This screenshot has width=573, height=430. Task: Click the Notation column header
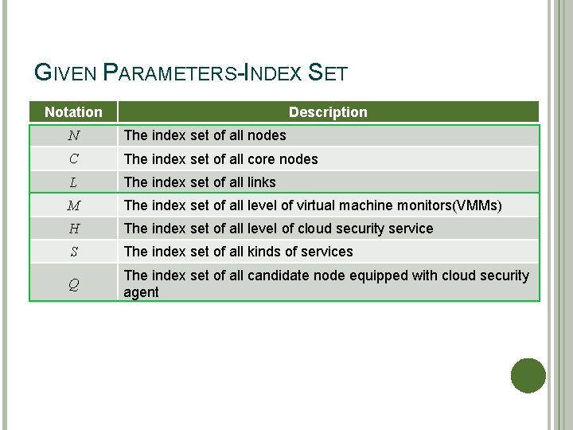pos(73,112)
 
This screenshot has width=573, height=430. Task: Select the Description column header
pos(328,112)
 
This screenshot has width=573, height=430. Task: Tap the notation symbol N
pos(73,135)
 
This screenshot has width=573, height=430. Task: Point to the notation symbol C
pos(73,158)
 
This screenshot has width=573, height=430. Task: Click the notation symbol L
pos(73,182)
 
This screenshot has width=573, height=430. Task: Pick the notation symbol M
pos(73,205)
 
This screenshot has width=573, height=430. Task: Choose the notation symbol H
pos(73,229)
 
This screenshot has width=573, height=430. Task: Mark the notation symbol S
pos(73,252)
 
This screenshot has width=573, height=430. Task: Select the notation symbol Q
pos(73,283)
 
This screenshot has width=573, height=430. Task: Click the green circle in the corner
pos(528,375)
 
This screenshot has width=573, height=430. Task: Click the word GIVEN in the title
pos(67,74)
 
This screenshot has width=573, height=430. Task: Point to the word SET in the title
pos(327,74)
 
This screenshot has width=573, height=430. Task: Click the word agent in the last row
pos(141,293)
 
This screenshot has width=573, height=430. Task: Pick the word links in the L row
pos(259,182)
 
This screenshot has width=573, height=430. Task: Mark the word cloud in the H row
pos(315,229)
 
